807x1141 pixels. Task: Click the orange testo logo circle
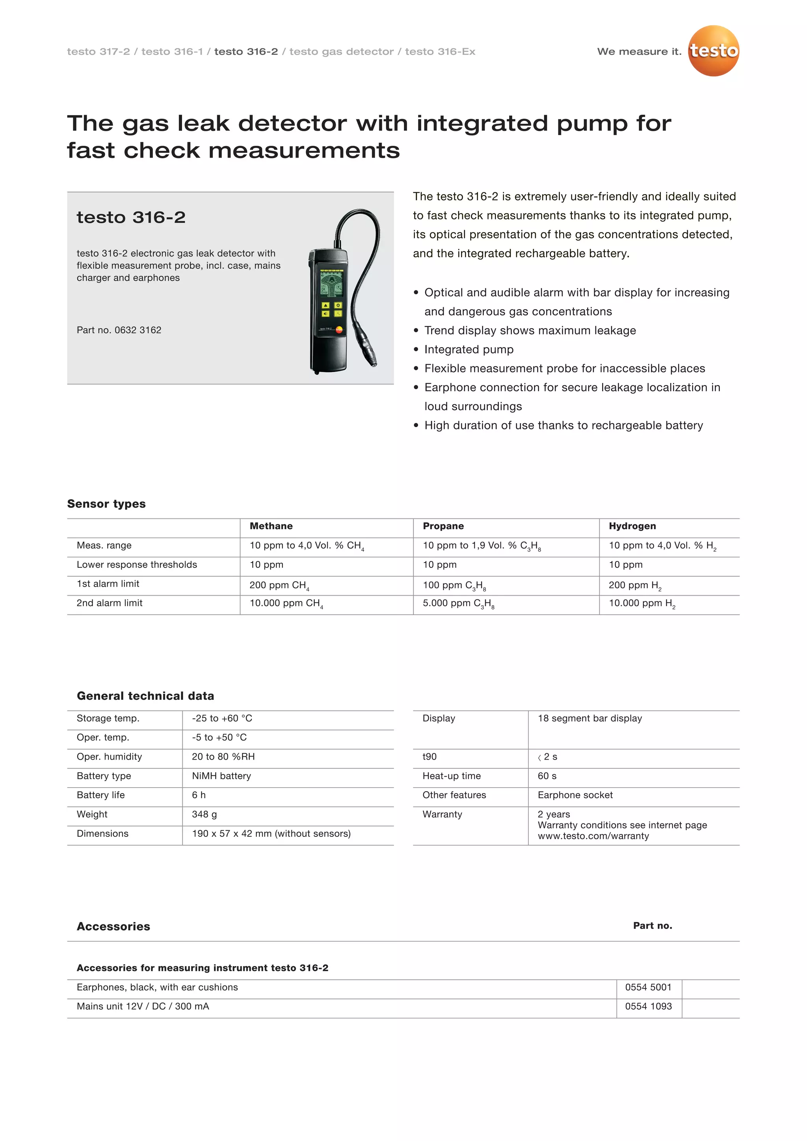[x=713, y=51]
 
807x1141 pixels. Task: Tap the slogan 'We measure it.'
[x=639, y=52]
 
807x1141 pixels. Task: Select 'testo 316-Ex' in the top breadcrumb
[x=440, y=52]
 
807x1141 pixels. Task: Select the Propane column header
[x=443, y=526]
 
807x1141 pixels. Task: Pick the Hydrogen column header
[x=632, y=526]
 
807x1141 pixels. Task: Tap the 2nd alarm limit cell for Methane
[x=286, y=603]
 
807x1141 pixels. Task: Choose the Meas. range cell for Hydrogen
[x=662, y=546]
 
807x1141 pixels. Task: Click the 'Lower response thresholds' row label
[x=137, y=565]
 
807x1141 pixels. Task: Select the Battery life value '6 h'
[x=199, y=795]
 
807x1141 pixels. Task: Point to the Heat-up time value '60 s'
[x=547, y=776]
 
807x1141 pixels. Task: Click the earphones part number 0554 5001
[x=648, y=987]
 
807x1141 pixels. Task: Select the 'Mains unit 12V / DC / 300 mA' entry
[x=143, y=1006]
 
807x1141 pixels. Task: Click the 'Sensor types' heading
[x=106, y=504]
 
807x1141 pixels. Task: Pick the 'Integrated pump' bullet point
[x=469, y=349]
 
